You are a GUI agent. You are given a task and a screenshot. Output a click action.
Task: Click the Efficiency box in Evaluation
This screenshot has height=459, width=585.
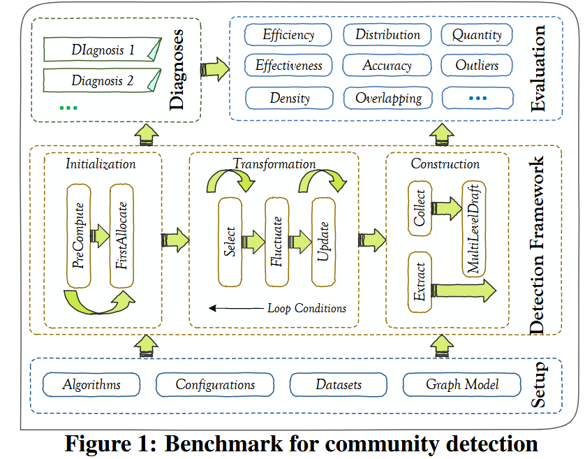pos(288,34)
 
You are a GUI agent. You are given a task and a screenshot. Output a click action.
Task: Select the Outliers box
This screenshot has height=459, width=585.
pos(477,66)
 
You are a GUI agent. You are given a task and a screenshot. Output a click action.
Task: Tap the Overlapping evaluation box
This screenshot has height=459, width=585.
pos(388,98)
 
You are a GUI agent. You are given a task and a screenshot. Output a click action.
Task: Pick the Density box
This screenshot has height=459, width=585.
pos(289,98)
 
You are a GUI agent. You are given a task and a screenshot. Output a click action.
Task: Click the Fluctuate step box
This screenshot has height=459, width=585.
pos(276,242)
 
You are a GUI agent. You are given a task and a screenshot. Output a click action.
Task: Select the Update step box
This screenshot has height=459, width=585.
pos(323,242)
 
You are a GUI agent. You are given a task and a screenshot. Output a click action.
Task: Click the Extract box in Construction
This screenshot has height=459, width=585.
pos(420,282)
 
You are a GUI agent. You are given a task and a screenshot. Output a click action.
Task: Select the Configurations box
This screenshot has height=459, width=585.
pos(215,384)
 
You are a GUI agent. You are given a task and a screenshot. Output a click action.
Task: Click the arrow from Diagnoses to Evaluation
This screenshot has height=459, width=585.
pos(214,68)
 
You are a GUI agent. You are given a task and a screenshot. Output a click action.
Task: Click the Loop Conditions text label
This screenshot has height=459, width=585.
pos(306,308)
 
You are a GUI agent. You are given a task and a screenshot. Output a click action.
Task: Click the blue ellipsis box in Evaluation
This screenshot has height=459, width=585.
pos(477,98)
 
